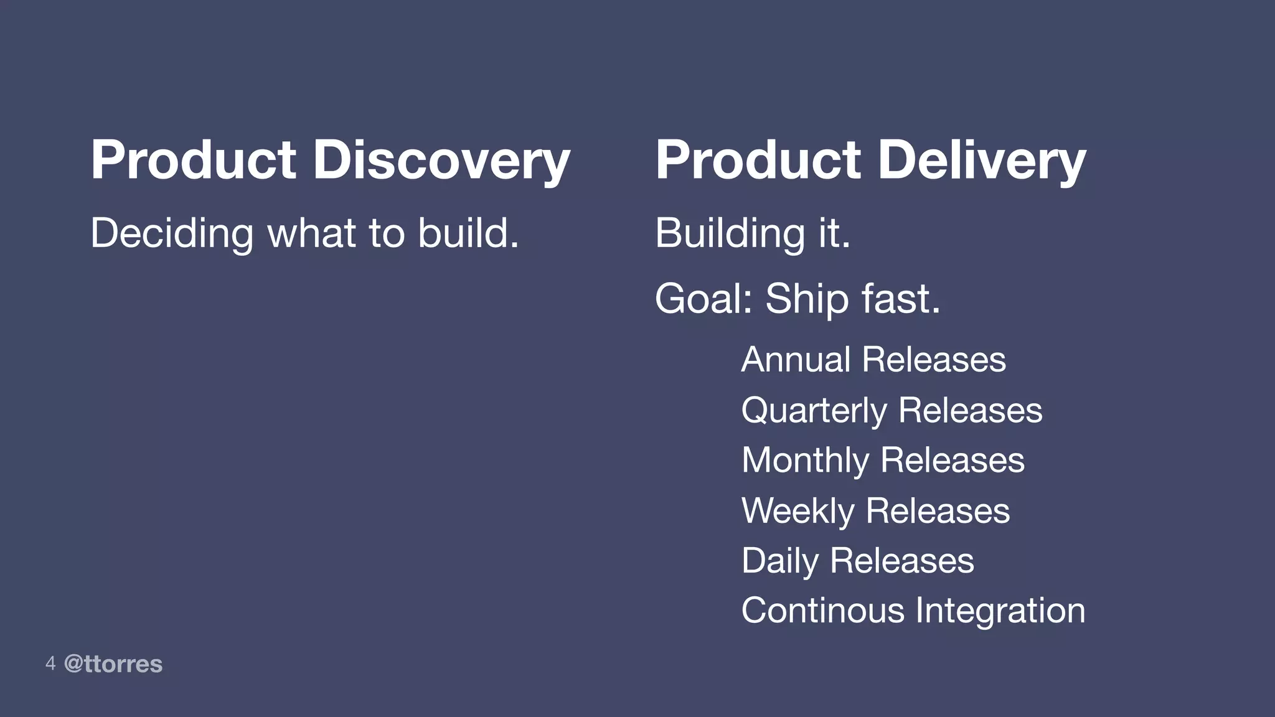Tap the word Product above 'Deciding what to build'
pos(193,161)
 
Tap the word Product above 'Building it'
pos(758,161)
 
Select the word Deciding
pos(172,233)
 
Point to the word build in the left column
pos(468,233)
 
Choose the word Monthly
pos(805,461)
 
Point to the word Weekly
pos(797,511)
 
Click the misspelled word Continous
pos(822,611)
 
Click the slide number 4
pos(50,663)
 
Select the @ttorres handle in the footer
pos(113,664)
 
